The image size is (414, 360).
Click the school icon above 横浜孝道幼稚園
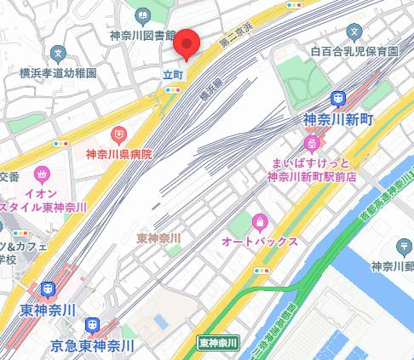click(x=56, y=52)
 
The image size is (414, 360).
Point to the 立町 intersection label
click(x=173, y=73)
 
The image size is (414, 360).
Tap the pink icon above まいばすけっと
click(x=313, y=142)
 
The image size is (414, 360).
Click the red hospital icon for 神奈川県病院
click(x=119, y=134)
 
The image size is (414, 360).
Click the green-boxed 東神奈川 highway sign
click(x=218, y=343)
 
